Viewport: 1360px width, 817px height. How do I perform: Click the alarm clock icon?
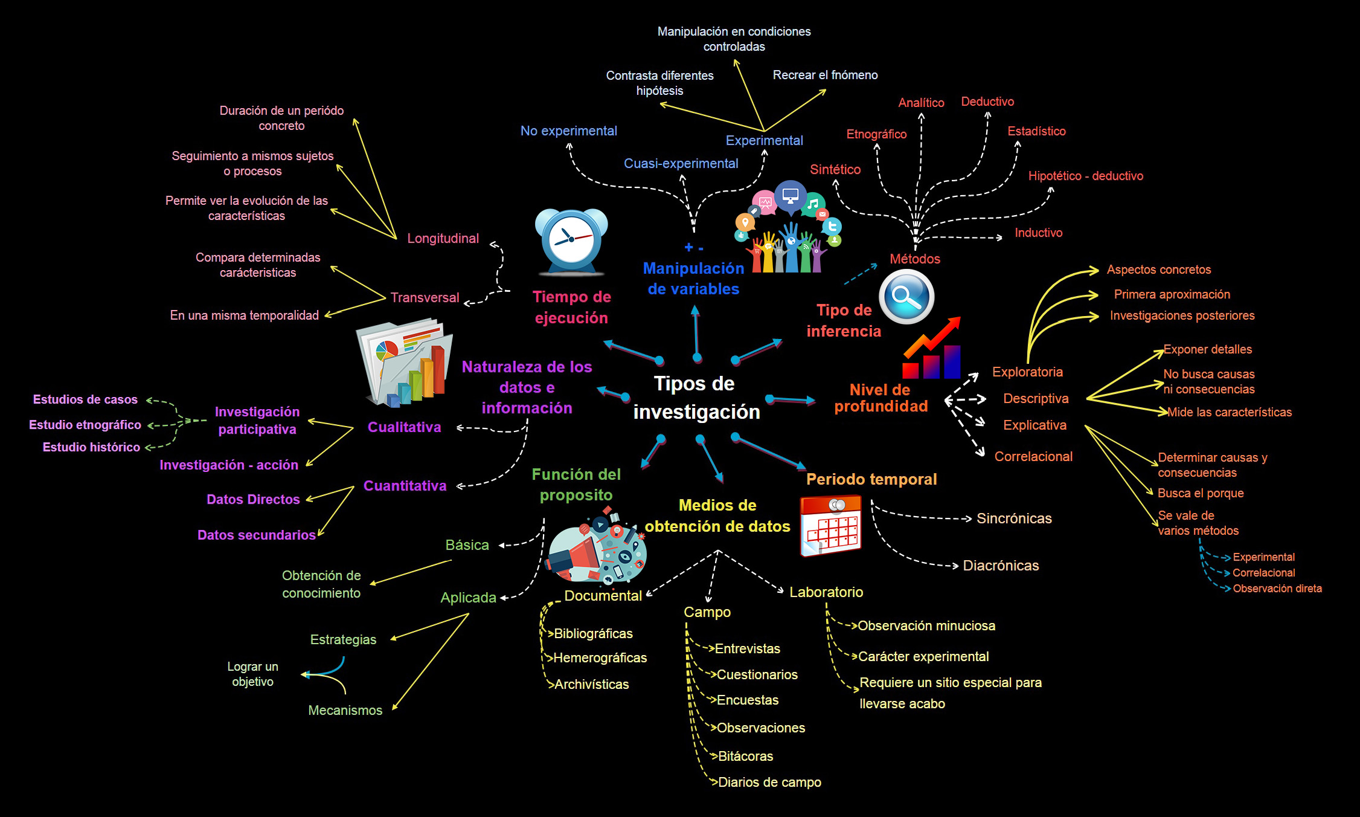click(x=571, y=241)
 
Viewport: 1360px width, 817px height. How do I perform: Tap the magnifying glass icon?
click(x=906, y=296)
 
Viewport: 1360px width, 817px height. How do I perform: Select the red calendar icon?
click(x=830, y=525)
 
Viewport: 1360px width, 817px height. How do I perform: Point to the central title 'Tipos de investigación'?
click(x=696, y=398)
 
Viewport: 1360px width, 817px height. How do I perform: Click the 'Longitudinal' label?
click(x=443, y=239)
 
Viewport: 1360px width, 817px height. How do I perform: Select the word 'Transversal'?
click(x=425, y=298)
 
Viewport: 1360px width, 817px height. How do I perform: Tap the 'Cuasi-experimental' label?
click(x=681, y=164)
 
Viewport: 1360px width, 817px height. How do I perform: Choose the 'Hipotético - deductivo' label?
click(x=1085, y=176)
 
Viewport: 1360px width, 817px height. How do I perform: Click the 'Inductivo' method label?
click(x=1038, y=233)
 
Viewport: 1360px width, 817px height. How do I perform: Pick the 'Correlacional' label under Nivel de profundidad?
click(x=1033, y=457)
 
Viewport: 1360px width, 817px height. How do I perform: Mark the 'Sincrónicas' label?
click(x=1014, y=518)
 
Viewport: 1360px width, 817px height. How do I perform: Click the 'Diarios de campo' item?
click(x=769, y=783)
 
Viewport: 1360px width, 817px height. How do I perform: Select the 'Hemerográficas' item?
click(x=600, y=658)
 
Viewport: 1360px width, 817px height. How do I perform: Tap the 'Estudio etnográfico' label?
click(x=85, y=425)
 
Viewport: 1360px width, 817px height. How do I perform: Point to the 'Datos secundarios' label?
click(x=256, y=535)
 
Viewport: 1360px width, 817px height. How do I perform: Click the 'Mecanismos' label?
click(x=345, y=711)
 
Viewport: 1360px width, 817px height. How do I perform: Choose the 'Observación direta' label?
click(x=1277, y=589)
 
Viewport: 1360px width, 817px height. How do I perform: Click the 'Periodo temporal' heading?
click(x=871, y=480)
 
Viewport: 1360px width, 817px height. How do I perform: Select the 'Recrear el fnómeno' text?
click(x=825, y=76)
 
